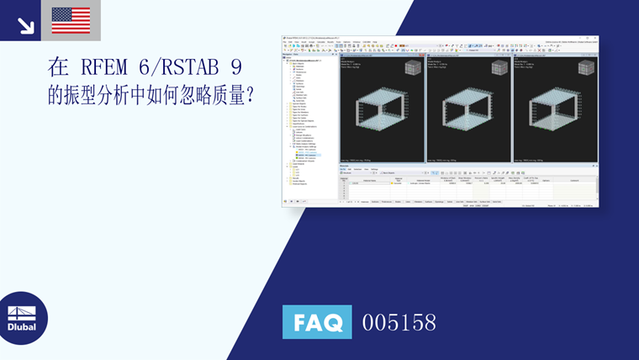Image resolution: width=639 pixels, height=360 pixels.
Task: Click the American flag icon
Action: click(x=71, y=20)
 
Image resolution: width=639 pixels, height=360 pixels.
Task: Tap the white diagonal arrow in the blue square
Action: click(x=25, y=25)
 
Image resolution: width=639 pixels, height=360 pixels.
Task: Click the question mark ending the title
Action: click(x=250, y=96)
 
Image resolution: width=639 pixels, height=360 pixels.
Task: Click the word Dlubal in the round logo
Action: click(x=22, y=326)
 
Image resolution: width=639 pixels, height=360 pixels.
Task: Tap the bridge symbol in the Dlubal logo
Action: click(x=22, y=311)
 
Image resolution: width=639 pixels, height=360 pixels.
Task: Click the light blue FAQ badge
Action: click(x=316, y=322)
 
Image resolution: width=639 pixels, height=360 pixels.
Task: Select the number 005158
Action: click(x=399, y=322)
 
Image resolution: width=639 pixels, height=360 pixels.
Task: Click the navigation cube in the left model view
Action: click(x=414, y=67)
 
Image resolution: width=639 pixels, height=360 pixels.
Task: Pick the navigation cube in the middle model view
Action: click(x=499, y=67)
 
